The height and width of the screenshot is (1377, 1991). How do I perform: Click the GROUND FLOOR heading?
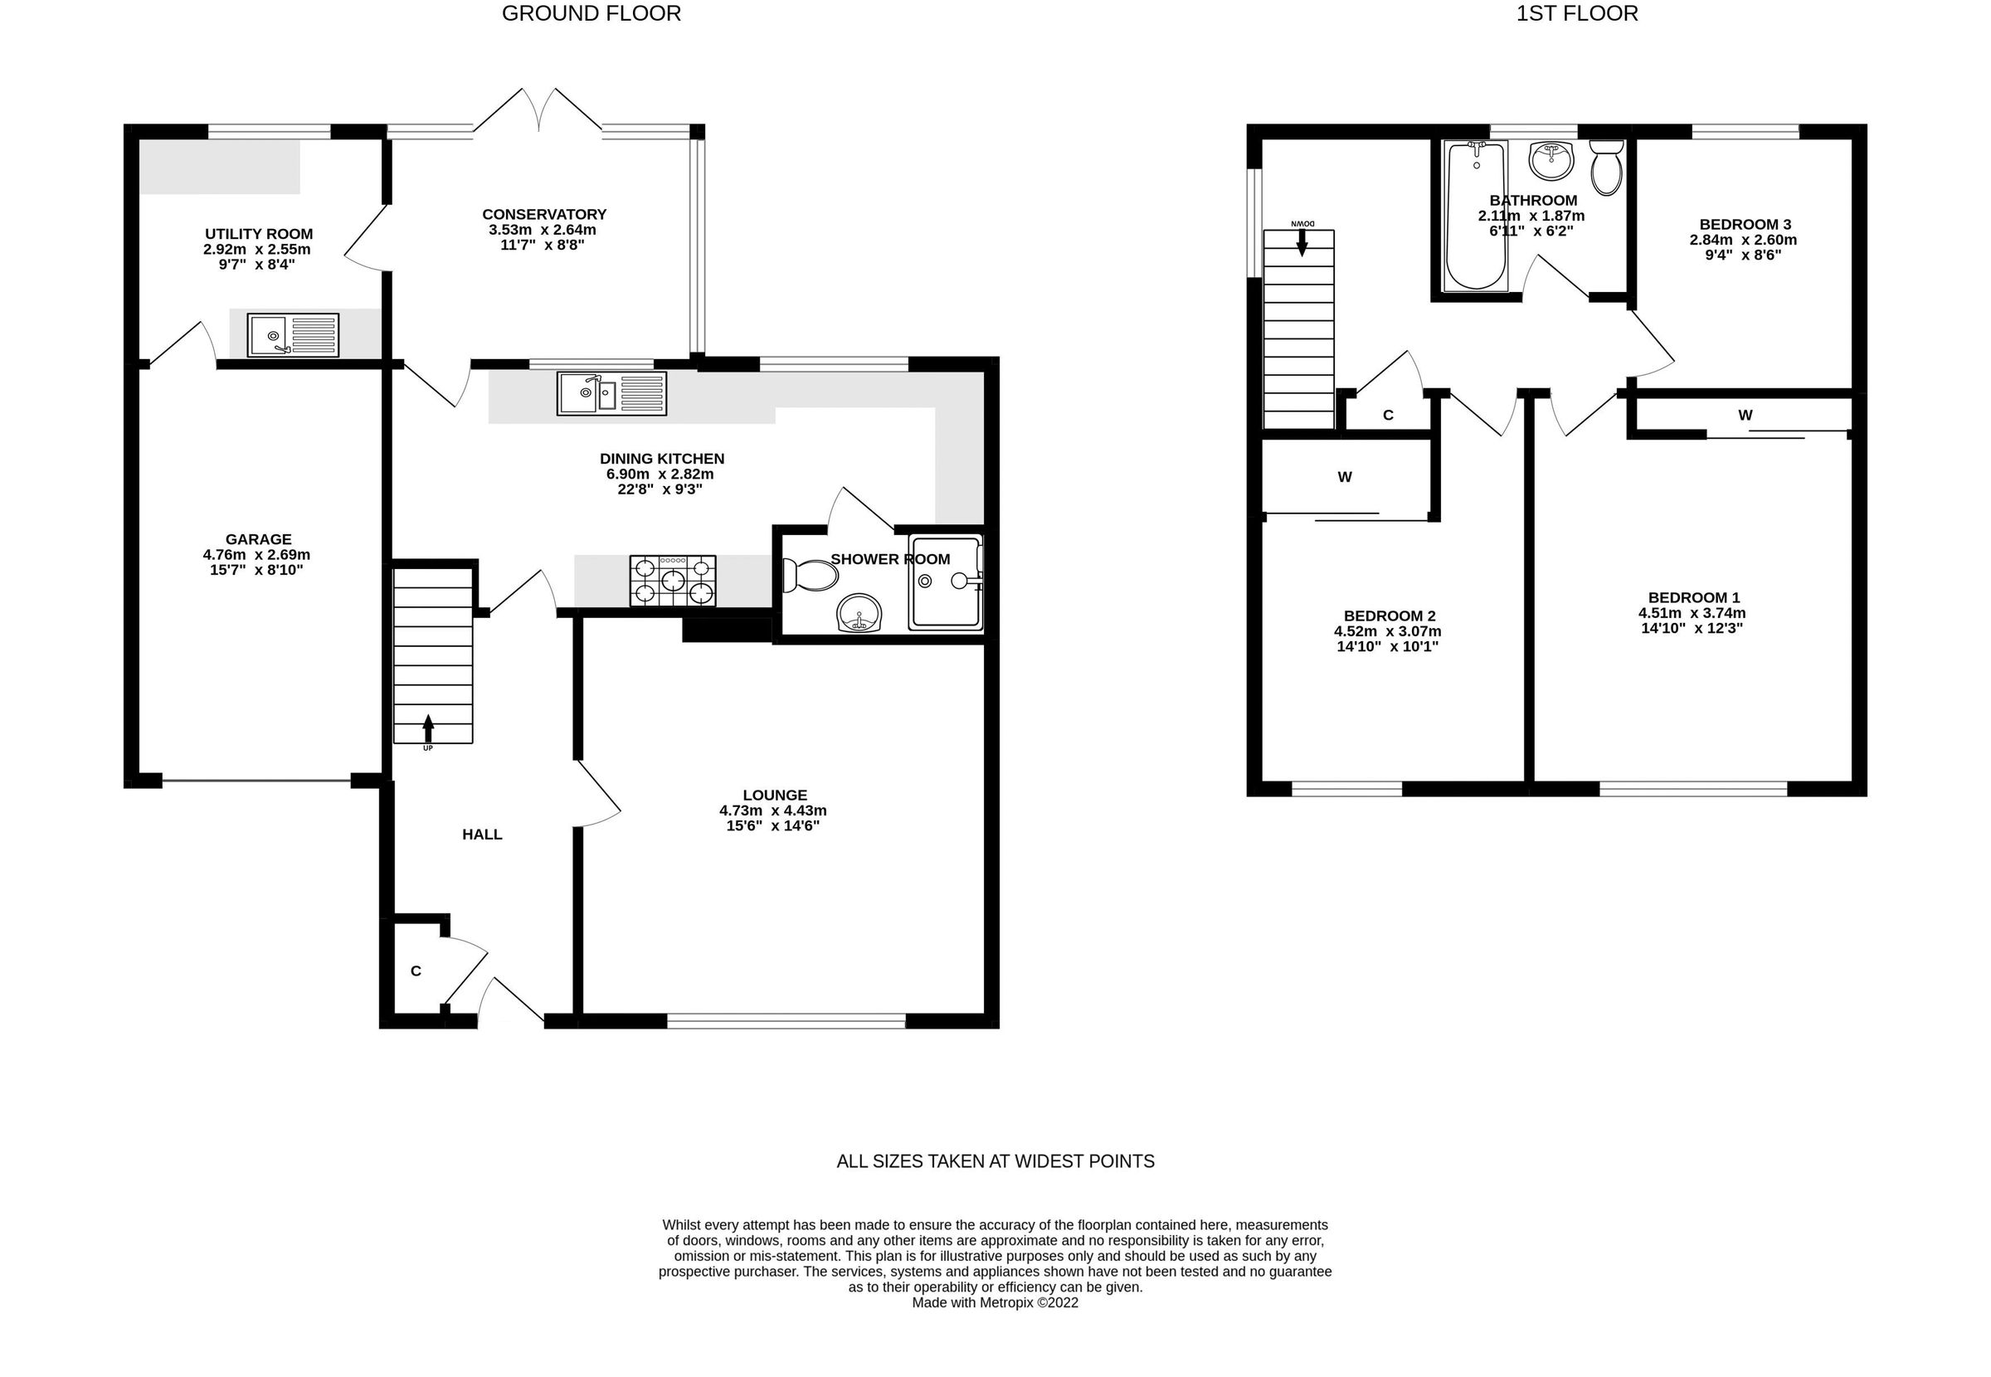[591, 14]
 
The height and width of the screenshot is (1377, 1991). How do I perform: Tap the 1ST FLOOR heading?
[1577, 14]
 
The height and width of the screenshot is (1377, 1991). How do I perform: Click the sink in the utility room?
[294, 335]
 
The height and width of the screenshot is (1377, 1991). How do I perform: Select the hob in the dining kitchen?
[673, 581]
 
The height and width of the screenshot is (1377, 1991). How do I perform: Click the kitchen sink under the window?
[611, 393]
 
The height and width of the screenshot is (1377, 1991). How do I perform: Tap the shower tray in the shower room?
[946, 582]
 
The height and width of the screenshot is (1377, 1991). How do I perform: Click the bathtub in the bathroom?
[1476, 216]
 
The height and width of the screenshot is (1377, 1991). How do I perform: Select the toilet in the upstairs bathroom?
[1606, 169]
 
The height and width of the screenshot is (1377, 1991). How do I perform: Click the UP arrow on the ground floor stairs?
[428, 729]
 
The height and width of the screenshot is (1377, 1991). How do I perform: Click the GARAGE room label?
[258, 539]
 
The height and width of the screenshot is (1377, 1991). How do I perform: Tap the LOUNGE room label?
[775, 795]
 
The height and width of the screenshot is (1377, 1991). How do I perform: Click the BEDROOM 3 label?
[1745, 224]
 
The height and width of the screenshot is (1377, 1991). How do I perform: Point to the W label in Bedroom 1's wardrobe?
[1745, 415]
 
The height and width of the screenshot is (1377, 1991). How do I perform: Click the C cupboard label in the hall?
[416, 971]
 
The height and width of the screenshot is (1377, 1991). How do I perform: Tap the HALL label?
[481, 834]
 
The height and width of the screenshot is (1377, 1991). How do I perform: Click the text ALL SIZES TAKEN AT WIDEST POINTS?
[995, 1161]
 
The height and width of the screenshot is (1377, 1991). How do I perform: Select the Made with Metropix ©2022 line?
[995, 1303]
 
